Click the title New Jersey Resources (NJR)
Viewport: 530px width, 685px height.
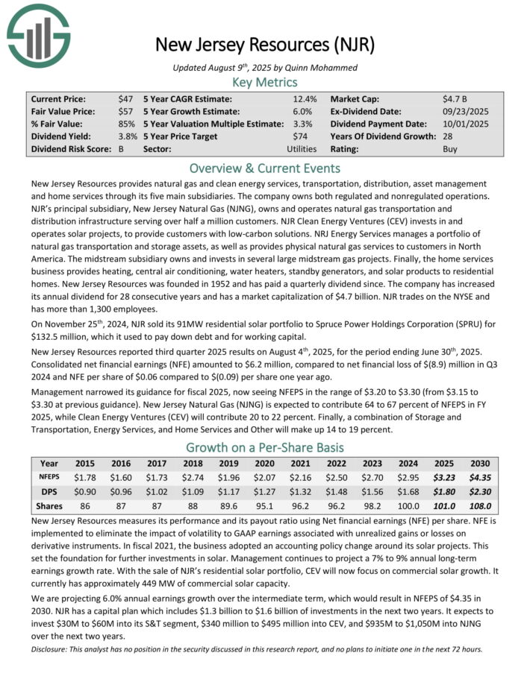[x=264, y=44]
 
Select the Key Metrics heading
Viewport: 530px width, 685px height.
[x=265, y=82]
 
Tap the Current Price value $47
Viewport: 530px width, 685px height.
[x=126, y=99]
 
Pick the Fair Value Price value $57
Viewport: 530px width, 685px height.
[x=126, y=112]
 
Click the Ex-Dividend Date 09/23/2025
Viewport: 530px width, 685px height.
[x=464, y=112]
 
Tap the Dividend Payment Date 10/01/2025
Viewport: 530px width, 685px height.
[x=464, y=124]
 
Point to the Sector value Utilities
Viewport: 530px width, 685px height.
[x=302, y=149]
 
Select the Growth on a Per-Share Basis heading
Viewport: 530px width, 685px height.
[x=265, y=448]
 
